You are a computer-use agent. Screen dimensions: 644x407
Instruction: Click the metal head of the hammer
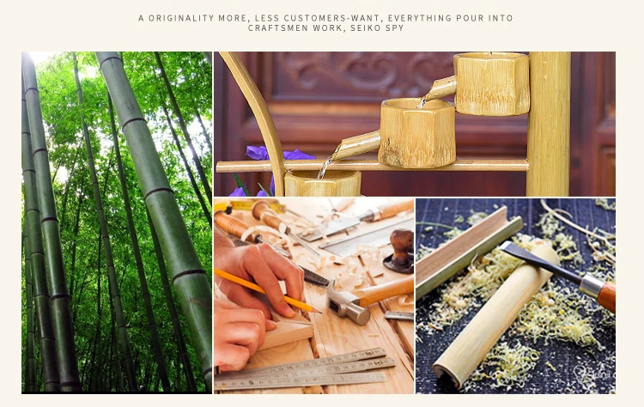coord(347,304)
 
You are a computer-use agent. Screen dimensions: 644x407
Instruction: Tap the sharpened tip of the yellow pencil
coord(318,312)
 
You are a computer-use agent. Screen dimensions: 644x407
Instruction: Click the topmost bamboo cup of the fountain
coord(491,83)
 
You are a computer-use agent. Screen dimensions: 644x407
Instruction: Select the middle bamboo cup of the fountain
coord(416,132)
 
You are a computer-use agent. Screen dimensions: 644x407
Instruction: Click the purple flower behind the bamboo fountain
coord(279,154)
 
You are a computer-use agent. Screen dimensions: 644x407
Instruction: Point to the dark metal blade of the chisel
coord(539,261)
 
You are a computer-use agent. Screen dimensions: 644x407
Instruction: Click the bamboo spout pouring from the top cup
coord(440,88)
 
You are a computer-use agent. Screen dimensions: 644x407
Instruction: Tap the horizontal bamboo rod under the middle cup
coord(372,166)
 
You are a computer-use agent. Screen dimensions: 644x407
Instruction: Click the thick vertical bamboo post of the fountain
coord(549,124)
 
